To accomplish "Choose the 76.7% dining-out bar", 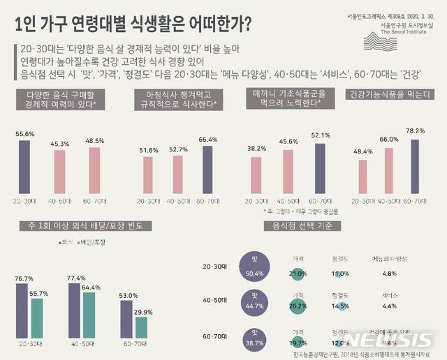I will [22, 311].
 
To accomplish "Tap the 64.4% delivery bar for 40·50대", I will [88, 315].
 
